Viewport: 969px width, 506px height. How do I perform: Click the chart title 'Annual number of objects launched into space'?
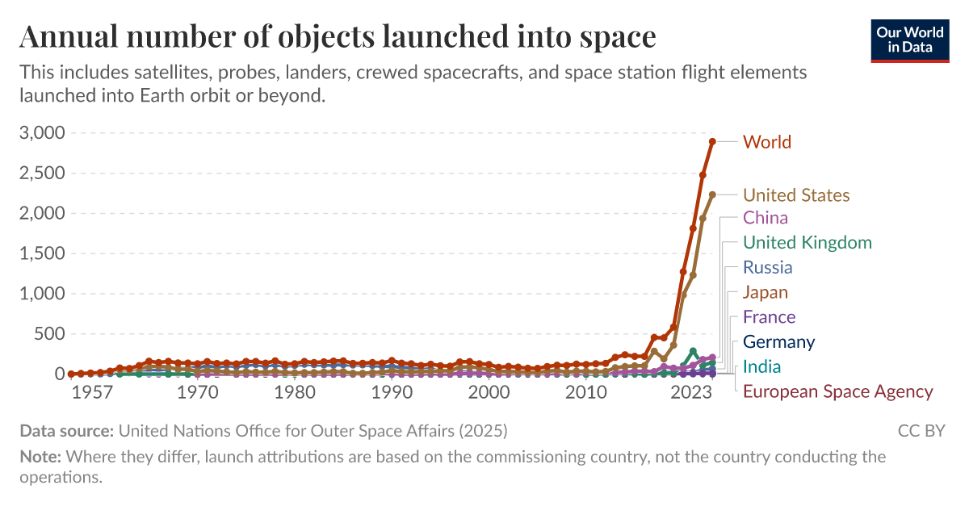(x=338, y=37)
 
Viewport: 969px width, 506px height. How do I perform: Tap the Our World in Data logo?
(x=910, y=39)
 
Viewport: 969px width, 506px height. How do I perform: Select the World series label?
(x=766, y=142)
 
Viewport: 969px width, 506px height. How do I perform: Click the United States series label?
(x=795, y=195)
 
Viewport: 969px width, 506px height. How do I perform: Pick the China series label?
(x=765, y=218)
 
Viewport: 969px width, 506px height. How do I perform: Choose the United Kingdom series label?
(x=807, y=243)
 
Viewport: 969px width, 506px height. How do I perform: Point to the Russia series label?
(x=767, y=267)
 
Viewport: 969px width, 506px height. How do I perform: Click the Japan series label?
(x=765, y=292)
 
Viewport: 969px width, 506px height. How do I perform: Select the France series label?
(x=769, y=317)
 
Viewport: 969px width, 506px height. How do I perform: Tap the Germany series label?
(x=778, y=342)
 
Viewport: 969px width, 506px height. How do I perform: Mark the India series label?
(x=761, y=367)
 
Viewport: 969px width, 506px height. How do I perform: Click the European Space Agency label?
(x=837, y=392)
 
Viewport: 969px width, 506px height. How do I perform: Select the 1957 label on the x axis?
(x=92, y=393)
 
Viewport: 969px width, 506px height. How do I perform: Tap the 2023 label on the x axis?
(x=691, y=393)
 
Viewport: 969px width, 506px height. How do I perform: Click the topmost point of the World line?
(x=712, y=141)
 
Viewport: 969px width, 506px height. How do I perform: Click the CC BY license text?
(x=921, y=431)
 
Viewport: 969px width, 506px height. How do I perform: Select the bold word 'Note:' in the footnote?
(x=40, y=457)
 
